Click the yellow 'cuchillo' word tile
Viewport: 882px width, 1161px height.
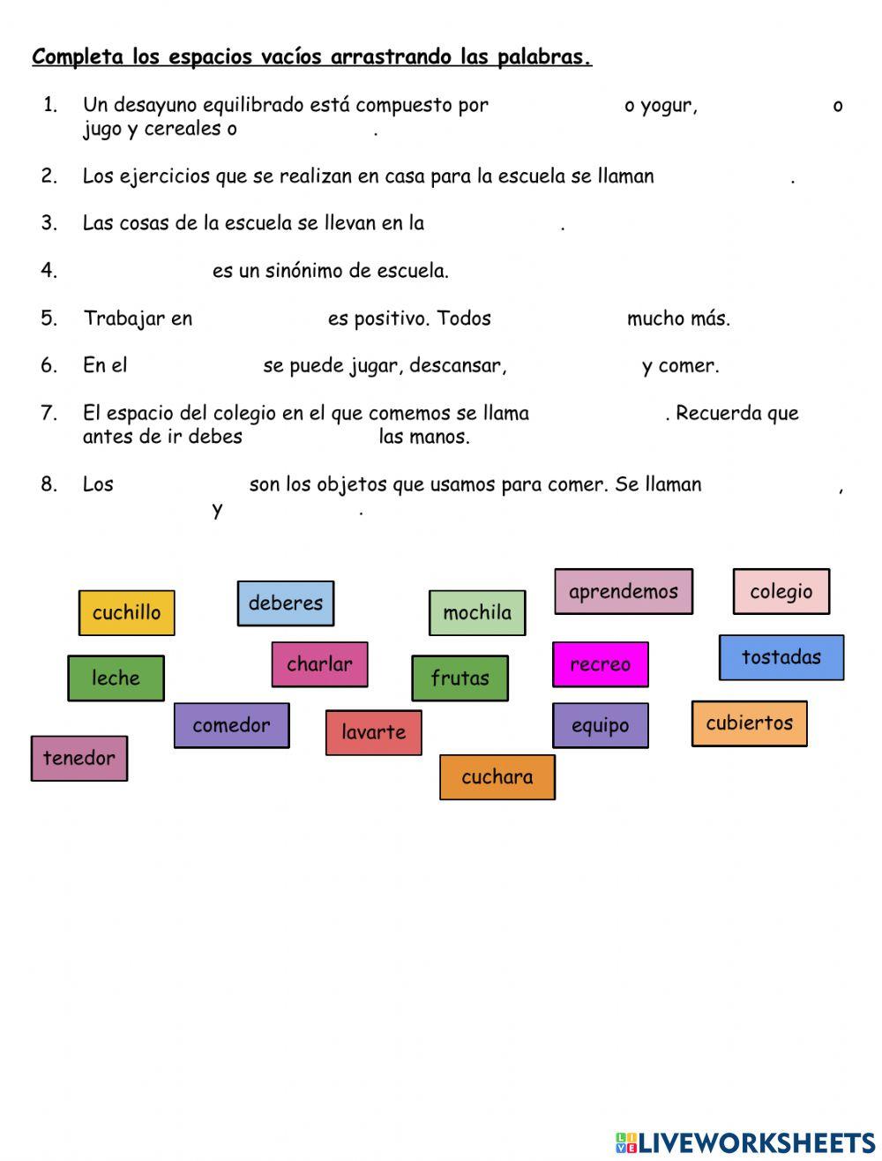click(x=126, y=612)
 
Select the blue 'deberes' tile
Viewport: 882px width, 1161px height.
click(x=285, y=603)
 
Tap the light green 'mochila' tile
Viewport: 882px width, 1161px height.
click(x=477, y=613)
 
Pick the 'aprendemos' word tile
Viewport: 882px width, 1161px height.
click(x=623, y=592)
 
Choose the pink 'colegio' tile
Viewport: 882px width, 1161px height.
click(x=781, y=592)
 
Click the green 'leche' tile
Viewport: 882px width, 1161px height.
click(x=116, y=678)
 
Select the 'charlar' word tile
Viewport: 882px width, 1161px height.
click(x=319, y=664)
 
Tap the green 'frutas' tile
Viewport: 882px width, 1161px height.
click(x=460, y=678)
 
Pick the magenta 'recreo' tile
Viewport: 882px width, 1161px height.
click(x=600, y=664)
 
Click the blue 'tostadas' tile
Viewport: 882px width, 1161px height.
click(x=781, y=657)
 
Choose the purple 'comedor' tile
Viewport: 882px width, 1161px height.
click(x=231, y=725)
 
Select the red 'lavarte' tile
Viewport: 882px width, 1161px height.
click(x=373, y=732)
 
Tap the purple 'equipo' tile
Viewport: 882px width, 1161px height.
click(x=600, y=725)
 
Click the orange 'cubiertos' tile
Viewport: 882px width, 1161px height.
click(x=749, y=723)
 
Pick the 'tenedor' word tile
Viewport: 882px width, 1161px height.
click(x=78, y=759)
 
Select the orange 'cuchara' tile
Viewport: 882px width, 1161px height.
click(x=497, y=777)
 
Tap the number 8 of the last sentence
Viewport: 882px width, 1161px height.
click(x=49, y=483)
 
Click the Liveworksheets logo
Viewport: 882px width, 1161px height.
click(x=745, y=1142)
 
